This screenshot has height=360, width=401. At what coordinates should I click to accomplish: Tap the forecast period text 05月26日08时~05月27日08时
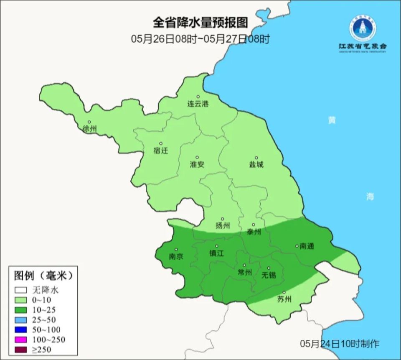coord(200,39)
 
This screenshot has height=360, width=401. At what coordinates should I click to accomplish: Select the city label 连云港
coord(198,104)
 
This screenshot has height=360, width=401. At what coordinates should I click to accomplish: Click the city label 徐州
coord(89,128)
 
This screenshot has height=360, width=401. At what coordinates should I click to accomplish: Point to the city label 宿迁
coord(161,151)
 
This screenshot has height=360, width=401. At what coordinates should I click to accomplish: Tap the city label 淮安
coord(197,164)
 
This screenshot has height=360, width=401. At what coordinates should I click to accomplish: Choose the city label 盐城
coord(256,164)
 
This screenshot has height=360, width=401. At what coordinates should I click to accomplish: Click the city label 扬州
coord(223,226)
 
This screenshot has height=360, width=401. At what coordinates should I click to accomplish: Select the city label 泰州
coord(254,232)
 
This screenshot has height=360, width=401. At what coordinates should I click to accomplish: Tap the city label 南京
coord(176,256)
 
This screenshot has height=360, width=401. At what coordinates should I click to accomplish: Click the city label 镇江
coord(216,253)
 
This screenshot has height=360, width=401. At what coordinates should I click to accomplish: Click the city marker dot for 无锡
coord(269,268)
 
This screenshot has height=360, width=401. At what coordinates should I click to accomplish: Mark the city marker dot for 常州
coord(244,265)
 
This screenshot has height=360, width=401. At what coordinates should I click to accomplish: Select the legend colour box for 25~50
coord(20,319)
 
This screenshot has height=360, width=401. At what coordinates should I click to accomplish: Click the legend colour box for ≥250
coord(20,349)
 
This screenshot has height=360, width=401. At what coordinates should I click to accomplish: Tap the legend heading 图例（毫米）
coord(43,276)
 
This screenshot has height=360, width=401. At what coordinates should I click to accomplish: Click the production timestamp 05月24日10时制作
coord(340,344)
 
